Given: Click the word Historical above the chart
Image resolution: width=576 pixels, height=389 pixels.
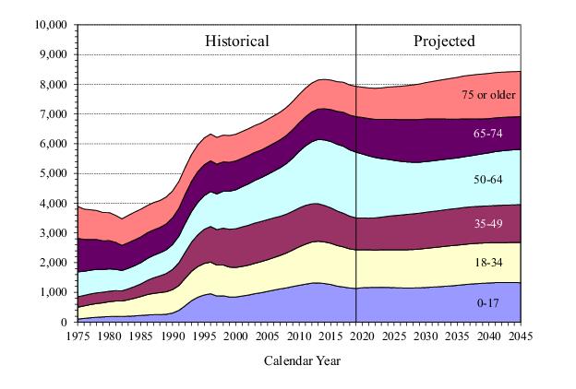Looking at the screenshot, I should tap(237, 41).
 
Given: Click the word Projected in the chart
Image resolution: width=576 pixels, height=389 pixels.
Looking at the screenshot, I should tap(444, 41).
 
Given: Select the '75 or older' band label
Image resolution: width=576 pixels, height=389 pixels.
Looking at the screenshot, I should tap(490, 94).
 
